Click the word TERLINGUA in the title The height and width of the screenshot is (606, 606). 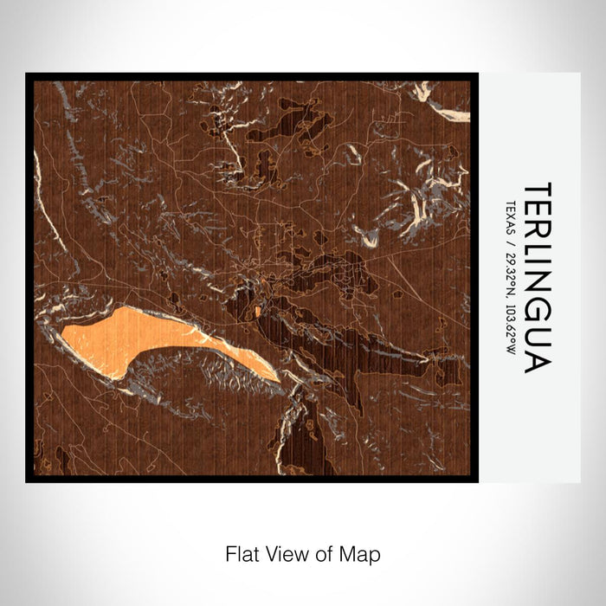click(x=537, y=277)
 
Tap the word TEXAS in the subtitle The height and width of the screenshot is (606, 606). click(x=511, y=215)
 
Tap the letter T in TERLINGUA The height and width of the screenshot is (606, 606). click(x=537, y=191)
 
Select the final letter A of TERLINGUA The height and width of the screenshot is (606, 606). click(x=537, y=362)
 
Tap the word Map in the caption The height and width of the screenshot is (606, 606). click(x=364, y=552)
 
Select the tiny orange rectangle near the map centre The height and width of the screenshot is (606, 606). click(x=257, y=310)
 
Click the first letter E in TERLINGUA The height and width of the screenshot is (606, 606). click(x=537, y=212)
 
